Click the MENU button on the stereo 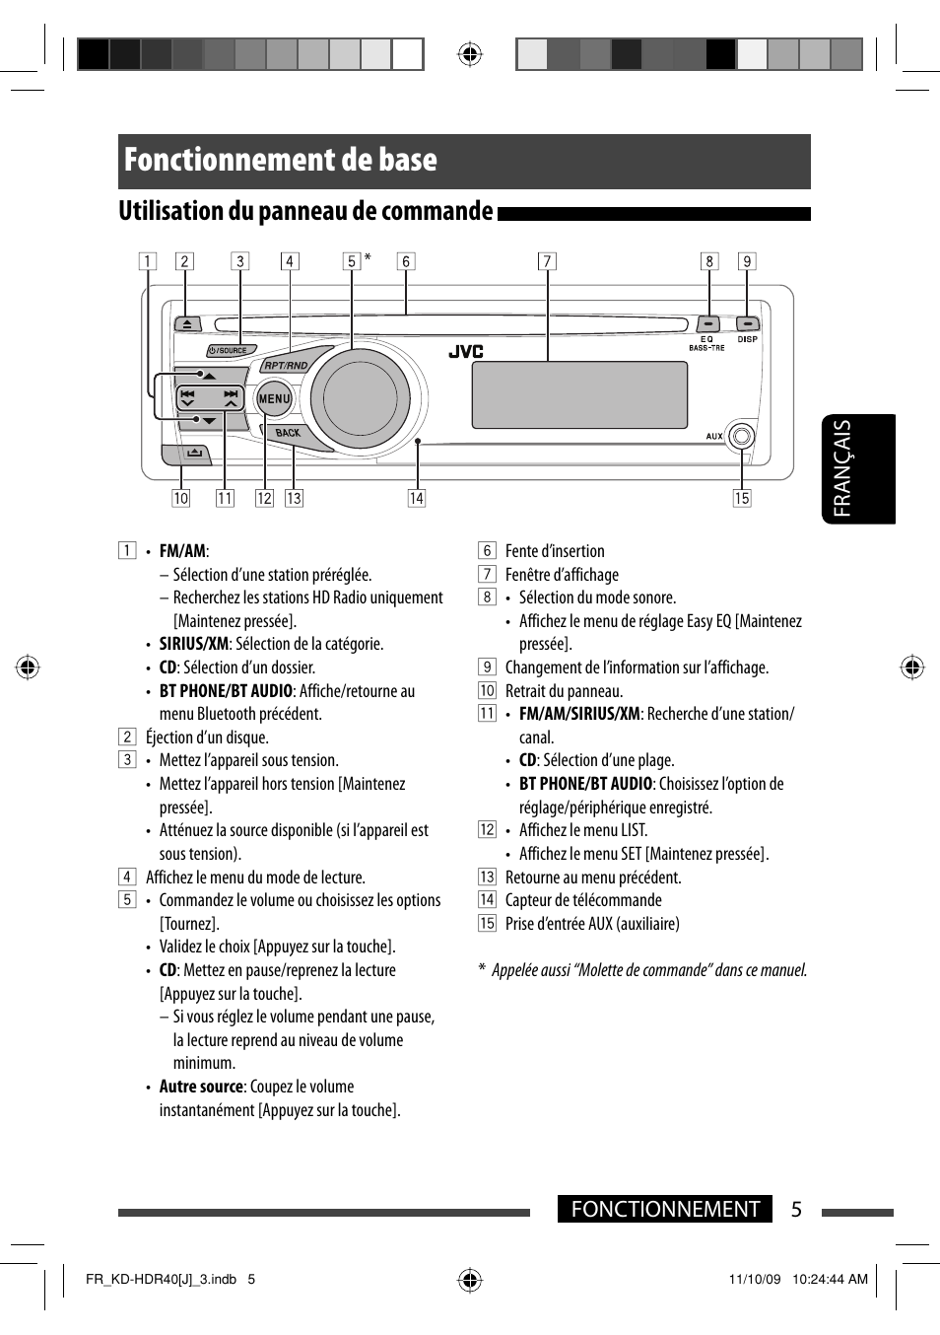point(274,399)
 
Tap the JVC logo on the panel point(466,352)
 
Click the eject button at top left point(187,324)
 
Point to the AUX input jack point(742,436)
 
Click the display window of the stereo point(579,394)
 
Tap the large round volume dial point(359,400)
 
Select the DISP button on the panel point(747,323)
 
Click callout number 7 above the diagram point(547,261)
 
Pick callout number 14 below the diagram point(417,498)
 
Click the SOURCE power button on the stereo point(232,350)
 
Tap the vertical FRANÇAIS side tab point(856,468)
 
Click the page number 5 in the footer point(796,1210)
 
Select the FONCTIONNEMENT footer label point(665,1210)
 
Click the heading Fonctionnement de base point(281,161)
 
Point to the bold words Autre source point(201,1087)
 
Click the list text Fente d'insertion point(555,551)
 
